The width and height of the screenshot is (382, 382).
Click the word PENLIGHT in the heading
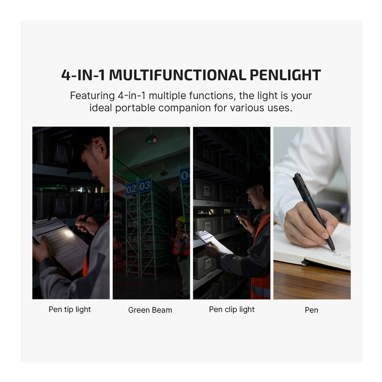pos(285,75)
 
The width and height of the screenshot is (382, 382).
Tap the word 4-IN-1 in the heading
pos(83,75)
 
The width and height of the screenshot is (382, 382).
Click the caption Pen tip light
pos(70,310)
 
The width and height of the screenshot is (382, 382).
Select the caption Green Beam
pos(150,310)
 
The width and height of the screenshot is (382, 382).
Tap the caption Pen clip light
pos(232,310)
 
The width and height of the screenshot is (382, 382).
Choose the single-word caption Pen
pos(311,310)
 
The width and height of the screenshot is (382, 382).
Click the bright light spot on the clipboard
pos(68,233)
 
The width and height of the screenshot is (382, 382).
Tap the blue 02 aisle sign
pos(131,189)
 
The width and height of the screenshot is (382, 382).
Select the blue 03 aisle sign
pos(145,186)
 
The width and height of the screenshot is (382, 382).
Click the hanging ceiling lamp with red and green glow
pos(151,139)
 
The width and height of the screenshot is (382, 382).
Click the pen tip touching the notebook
pos(333,250)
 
